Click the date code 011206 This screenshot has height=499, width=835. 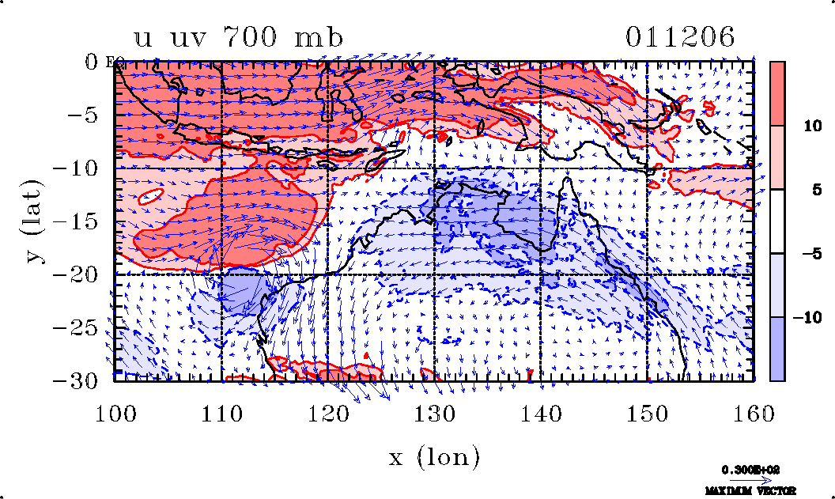tap(680, 38)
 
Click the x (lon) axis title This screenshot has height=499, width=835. tap(434, 456)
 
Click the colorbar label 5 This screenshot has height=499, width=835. tap(812, 189)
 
